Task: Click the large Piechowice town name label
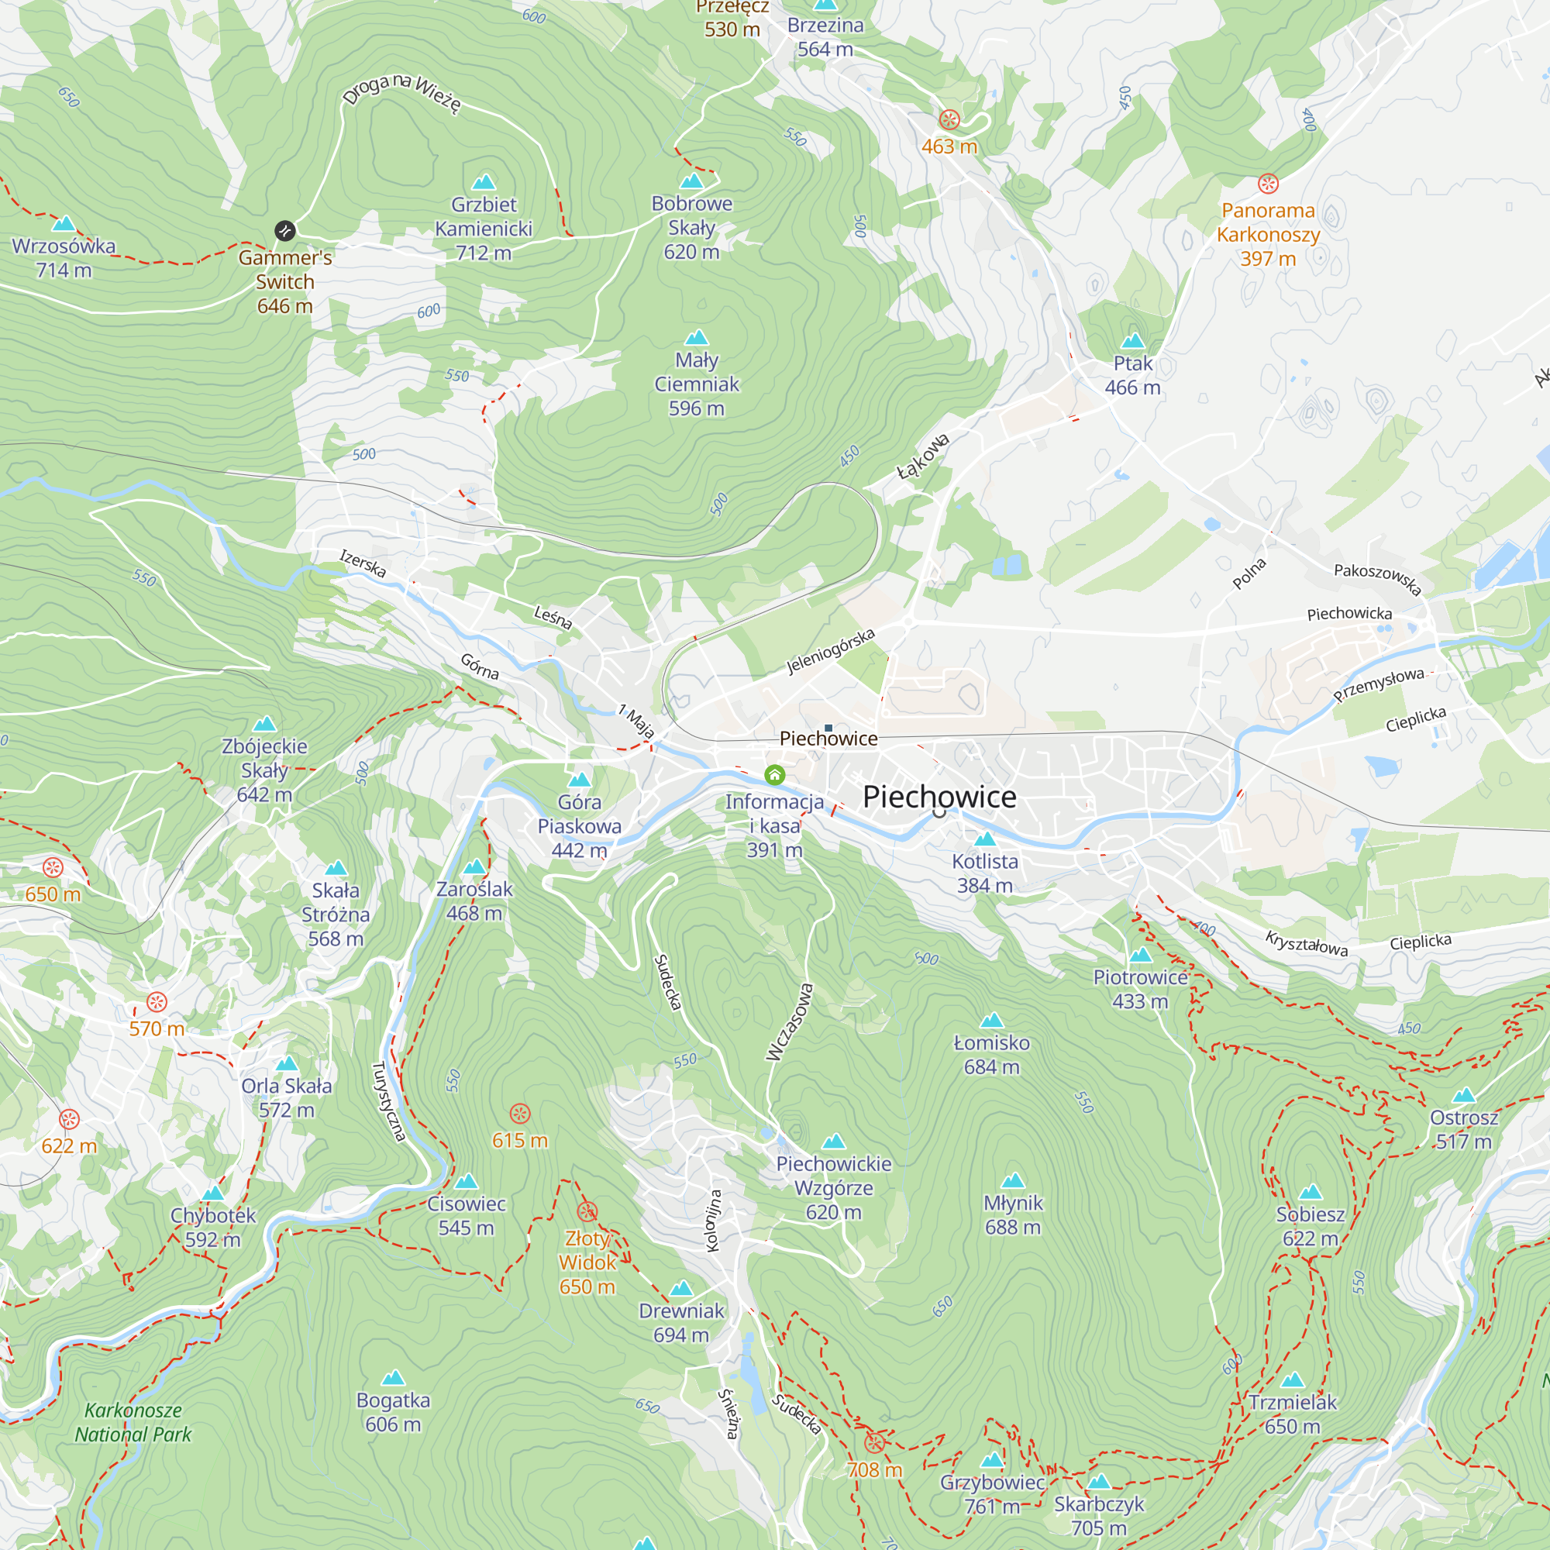[x=939, y=797]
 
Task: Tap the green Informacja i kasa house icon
[x=774, y=775]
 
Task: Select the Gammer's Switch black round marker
[x=284, y=231]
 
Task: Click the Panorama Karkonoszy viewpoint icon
[x=1268, y=184]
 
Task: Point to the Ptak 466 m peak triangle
[x=1132, y=340]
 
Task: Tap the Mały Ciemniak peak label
[x=697, y=384]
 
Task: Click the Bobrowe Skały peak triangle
[x=691, y=181]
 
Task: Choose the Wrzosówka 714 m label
[x=64, y=257]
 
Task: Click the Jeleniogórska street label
[x=829, y=651]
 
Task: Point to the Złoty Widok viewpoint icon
[x=587, y=1211]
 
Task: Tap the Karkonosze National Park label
[x=133, y=1422]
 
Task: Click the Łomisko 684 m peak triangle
[x=992, y=1021]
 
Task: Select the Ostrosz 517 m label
[x=1463, y=1129]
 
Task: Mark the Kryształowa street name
[x=1306, y=942]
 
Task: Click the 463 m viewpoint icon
[x=949, y=120]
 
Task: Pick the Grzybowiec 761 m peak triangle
[x=993, y=1460]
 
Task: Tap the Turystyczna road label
[x=388, y=1100]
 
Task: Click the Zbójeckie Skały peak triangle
[x=265, y=725]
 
